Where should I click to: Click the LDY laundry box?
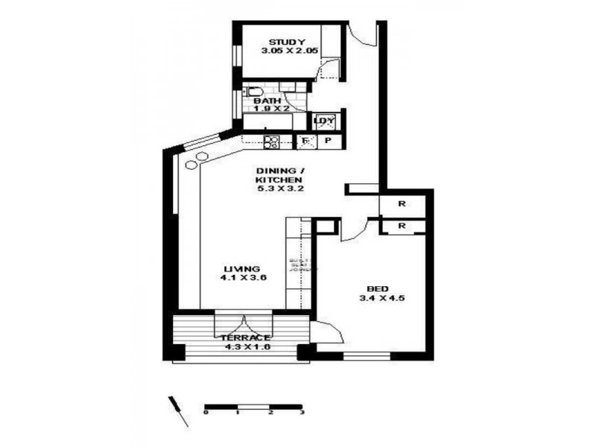pos(324,121)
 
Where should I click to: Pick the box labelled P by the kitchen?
pos(327,141)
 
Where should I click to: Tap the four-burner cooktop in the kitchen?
pos(271,141)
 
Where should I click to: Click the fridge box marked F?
pos(305,141)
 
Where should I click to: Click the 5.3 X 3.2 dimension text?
pos(279,189)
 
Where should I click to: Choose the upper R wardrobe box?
pos(402,203)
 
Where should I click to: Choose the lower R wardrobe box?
pos(402,225)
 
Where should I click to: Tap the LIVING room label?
pos(242,268)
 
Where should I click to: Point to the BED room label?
pos(377,289)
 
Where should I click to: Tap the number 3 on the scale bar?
pos(302,411)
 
